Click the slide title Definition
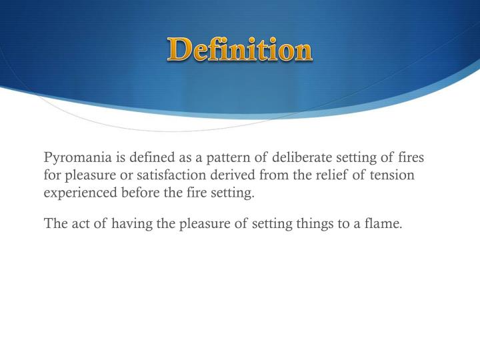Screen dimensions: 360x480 (240, 50)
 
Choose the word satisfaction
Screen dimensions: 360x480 (168, 176)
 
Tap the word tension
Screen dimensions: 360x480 (395, 176)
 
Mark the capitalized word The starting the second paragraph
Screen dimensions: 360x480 (54, 223)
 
